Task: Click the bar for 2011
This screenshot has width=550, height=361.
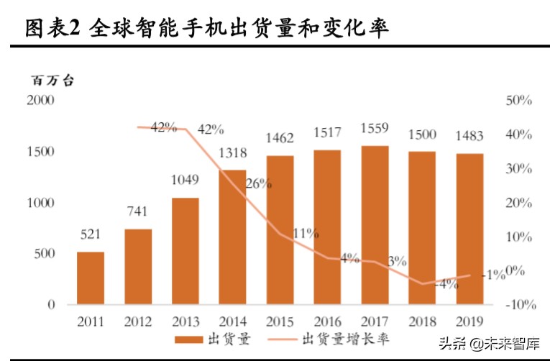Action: pyautogui.click(x=91, y=278)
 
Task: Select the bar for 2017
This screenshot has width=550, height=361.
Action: pyautogui.click(x=375, y=225)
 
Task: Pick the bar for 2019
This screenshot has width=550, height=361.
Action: pyautogui.click(x=469, y=229)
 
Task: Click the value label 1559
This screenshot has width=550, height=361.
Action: pyautogui.click(x=375, y=129)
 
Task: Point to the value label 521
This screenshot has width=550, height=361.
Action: pyautogui.click(x=91, y=235)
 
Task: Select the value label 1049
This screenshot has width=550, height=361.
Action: pyautogui.click(x=185, y=180)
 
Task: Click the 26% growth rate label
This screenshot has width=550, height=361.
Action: pyautogui.click(x=258, y=184)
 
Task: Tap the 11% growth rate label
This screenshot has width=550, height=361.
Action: pyautogui.click(x=306, y=233)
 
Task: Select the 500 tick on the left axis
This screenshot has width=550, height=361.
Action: pyautogui.click(x=45, y=253)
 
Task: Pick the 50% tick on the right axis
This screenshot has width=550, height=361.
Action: pyautogui.click(x=518, y=101)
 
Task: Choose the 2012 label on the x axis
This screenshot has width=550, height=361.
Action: pyautogui.click(x=138, y=321)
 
